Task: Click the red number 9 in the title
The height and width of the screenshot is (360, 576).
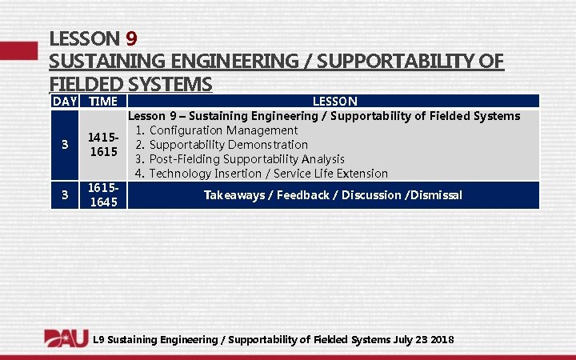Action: tap(133, 38)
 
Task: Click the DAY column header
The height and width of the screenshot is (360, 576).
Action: tap(64, 102)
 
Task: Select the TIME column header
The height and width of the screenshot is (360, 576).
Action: tap(103, 102)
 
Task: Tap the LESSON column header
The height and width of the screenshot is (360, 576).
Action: tap(334, 102)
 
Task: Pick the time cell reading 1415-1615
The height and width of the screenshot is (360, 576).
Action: tap(103, 145)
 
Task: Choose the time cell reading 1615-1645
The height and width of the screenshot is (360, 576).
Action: tap(103, 194)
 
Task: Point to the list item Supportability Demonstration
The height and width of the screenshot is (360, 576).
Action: tap(228, 145)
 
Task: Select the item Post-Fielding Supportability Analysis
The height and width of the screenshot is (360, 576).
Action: tap(246, 159)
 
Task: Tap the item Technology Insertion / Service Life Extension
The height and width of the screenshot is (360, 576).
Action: tap(268, 174)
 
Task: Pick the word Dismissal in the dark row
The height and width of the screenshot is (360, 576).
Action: tap(437, 195)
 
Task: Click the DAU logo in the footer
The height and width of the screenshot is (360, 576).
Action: tap(66, 338)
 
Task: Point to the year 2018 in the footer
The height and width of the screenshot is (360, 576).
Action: tap(442, 340)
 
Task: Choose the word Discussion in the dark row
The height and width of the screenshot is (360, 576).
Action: tap(371, 195)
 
